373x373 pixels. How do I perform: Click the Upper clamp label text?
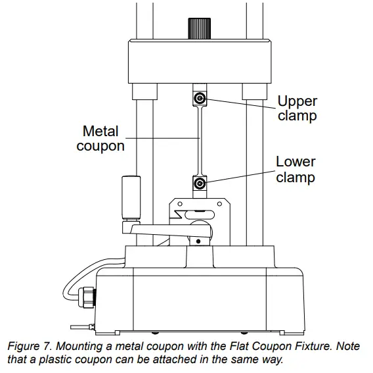point(297,109)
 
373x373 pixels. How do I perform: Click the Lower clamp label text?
point(295,169)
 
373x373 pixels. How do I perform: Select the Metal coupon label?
point(100,139)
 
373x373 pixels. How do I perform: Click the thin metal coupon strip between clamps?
point(200,140)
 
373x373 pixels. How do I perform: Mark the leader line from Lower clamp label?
point(240,176)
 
